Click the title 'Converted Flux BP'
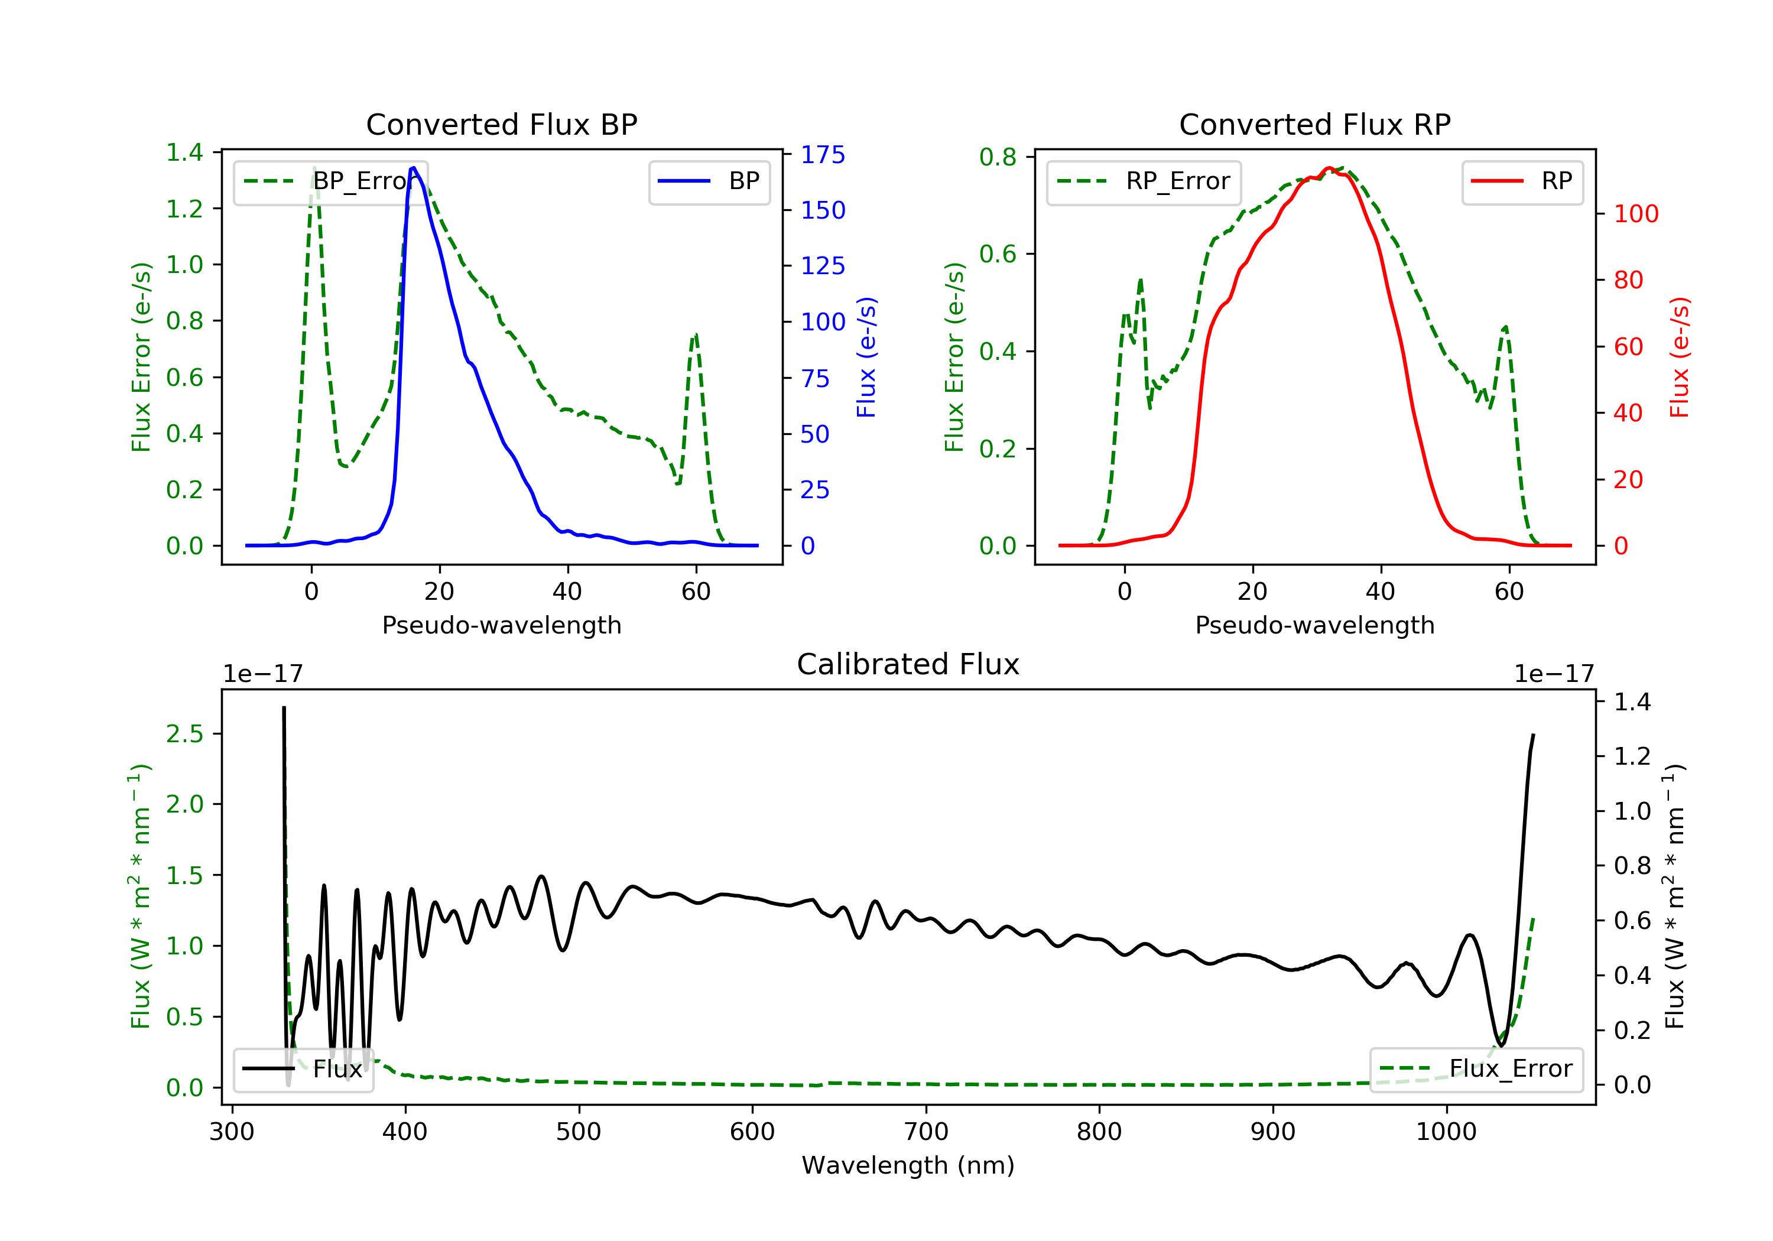501,124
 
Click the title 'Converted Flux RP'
1314,124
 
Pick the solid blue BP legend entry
709,181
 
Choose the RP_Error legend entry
1143,181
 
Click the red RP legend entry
1521,181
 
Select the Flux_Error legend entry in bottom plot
1476,1069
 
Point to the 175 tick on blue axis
823,154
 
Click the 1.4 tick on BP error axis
184,152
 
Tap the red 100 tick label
1635,214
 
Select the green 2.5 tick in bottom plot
184,733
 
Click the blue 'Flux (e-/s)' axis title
866,357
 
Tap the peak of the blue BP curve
414,168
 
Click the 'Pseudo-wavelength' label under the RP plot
1314,625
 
